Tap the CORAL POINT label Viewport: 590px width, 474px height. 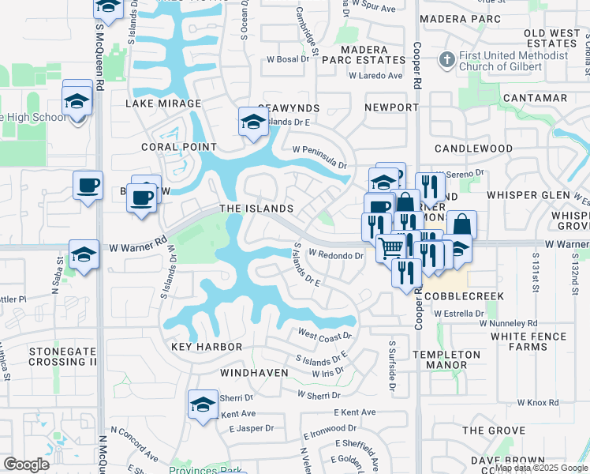coord(178,147)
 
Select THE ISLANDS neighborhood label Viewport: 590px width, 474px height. coord(256,209)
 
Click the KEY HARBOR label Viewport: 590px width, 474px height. coord(204,347)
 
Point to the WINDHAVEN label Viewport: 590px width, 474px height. coord(252,371)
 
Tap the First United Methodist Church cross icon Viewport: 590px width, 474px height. coord(446,60)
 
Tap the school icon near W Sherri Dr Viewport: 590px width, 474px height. coord(203,404)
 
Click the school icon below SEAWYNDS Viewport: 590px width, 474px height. coord(253,121)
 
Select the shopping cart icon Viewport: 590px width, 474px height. coord(390,247)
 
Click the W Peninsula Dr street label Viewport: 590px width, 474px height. coord(319,156)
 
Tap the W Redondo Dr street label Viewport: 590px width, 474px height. coord(335,255)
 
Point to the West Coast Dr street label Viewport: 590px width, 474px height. coord(324,337)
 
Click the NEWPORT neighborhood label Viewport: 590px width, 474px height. coord(391,107)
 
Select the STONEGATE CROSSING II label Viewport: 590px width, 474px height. coord(62,356)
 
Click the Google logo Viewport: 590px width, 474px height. coord(26,464)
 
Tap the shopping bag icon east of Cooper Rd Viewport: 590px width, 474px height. coord(461,224)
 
